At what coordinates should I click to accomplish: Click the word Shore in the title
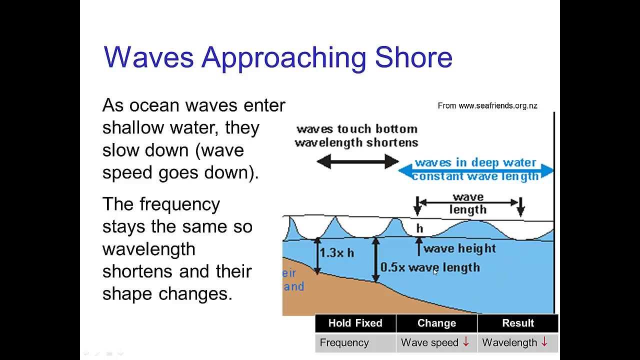(413, 57)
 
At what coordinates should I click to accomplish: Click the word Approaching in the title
(283, 59)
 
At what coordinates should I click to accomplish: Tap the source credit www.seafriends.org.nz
(498, 106)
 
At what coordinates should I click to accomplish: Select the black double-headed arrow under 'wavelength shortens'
(357, 161)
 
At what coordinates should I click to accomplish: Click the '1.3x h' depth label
(337, 253)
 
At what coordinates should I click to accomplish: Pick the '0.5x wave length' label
(430, 267)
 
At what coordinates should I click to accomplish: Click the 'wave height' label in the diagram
(459, 248)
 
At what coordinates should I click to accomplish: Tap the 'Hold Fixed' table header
(355, 323)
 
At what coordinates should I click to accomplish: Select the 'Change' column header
(436, 323)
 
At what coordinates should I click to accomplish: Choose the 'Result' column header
(518, 323)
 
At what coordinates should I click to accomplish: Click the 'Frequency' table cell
(344, 342)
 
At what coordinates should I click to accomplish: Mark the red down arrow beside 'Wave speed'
(466, 341)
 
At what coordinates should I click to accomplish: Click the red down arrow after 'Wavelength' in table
(544, 341)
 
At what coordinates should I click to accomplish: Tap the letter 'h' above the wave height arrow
(419, 228)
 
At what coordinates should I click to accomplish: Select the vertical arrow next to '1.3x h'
(317, 256)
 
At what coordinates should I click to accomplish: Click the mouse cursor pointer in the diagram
(435, 272)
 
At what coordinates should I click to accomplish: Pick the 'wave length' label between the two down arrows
(468, 203)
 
